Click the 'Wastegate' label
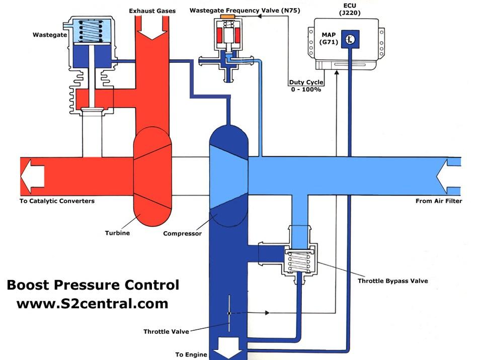pyautogui.click(x=50, y=35)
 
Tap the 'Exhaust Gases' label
pyautogui.click(x=152, y=11)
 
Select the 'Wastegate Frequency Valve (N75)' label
pyautogui.click(x=245, y=11)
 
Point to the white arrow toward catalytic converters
pyautogui.click(x=32, y=176)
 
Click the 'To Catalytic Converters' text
pyautogui.click(x=57, y=201)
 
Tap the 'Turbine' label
pyautogui.click(x=117, y=233)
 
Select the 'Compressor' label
pyautogui.click(x=182, y=233)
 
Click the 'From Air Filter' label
pyautogui.click(x=439, y=201)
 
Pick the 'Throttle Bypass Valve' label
pyautogui.click(x=393, y=281)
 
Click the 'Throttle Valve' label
pyautogui.click(x=166, y=332)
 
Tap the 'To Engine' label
pyautogui.click(x=191, y=354)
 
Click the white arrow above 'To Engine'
pyautogui.click(x=228, y=347)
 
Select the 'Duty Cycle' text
pyautogui.click(x=306, y=82)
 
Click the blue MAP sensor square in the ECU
pyautogui.click(x=350, y=39)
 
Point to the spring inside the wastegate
pyautogui.click(x=91, y=31)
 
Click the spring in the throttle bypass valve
pyautogui.click(x=299, y=261)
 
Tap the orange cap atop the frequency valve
pyautogui.click(x=227, y=16)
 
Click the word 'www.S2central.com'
pyautogui.click(x=93, y=304)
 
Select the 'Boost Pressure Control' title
pyautogui.click(x=93, y=285)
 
